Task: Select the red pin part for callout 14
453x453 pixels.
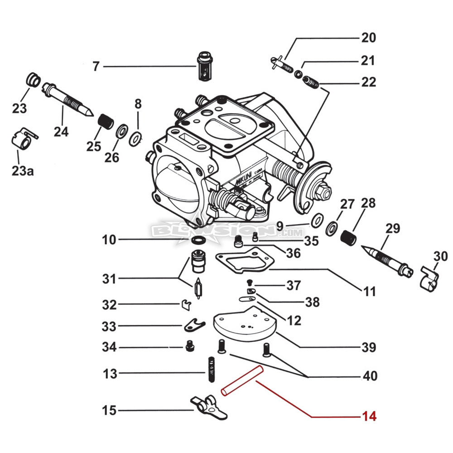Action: (240, 381)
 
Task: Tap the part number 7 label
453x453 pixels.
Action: (96, 67)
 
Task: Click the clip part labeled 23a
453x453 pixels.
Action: (22, 139)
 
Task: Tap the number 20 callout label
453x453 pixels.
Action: (369, 38)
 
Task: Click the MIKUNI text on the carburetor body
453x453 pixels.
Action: (245, 180)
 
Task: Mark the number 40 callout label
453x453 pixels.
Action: (369, 376)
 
